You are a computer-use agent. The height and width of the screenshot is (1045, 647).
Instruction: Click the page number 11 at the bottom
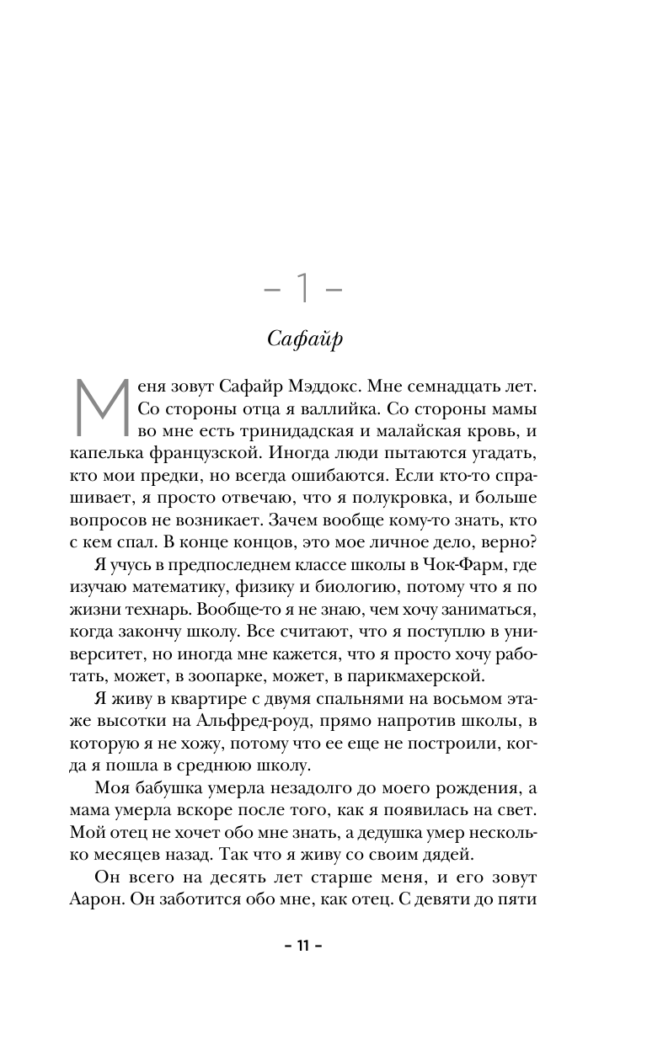tap(302, 946)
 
